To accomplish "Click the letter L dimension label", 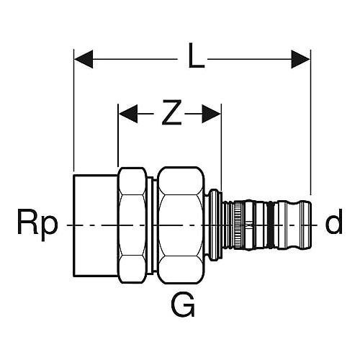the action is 197,55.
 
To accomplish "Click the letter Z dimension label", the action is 171,112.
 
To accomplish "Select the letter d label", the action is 333,221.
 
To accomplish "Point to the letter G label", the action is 183,305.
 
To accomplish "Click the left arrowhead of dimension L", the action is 84,59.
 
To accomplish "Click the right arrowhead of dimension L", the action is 300,59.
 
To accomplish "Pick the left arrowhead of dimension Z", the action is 128,114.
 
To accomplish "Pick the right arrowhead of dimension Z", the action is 211,114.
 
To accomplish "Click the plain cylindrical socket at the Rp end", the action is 96,225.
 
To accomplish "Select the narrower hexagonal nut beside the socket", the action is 132,225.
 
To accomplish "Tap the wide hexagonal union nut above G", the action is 181,225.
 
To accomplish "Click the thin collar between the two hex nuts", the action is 150,225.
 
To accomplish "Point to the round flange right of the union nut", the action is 213,225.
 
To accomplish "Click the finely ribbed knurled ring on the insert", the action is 238,225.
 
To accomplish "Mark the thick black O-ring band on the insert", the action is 271,225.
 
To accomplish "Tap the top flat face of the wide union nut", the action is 181,181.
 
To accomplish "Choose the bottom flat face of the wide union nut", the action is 181,270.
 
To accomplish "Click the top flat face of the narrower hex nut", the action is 132,181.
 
